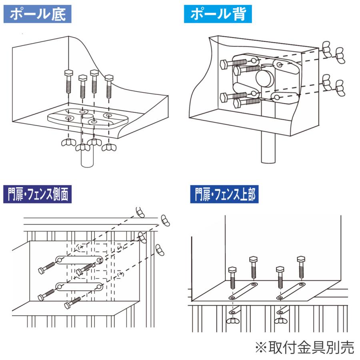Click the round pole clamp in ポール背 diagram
[265, 78]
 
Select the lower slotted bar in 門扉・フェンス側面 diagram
[79, 286]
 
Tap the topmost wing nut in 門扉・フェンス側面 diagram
[140, 212]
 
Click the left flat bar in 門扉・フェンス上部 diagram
[243, 290]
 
